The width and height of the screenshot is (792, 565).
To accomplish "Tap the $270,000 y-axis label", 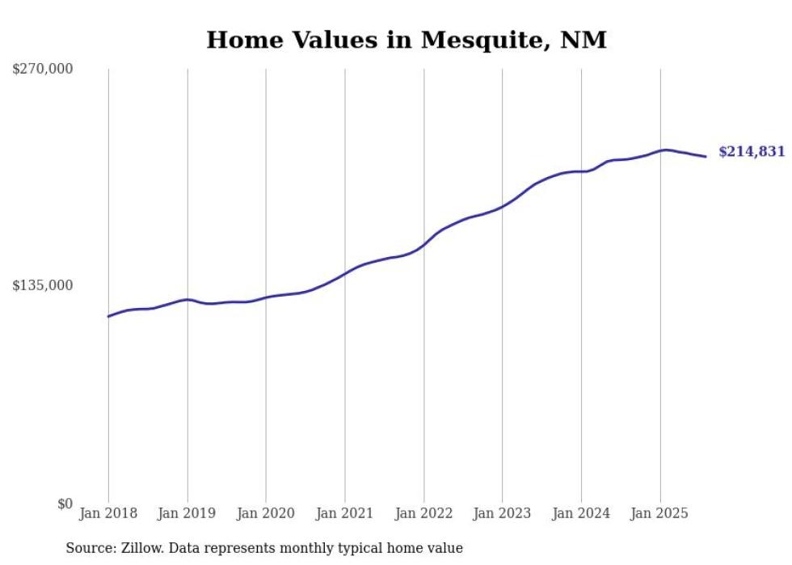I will pos(42,69).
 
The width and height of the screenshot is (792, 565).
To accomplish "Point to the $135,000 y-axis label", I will pos(42,285).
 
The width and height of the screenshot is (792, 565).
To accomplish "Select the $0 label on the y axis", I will pos(65,504).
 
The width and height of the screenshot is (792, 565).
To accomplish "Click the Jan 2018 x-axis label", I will pos(108,513).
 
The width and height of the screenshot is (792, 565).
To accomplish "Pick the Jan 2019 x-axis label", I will pos(187,513).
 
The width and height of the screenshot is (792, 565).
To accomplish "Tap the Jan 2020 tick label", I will pos(266,513).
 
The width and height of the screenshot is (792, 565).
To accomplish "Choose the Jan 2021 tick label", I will pos(345,513).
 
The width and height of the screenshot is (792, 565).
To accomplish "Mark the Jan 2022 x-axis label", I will pos(423,513).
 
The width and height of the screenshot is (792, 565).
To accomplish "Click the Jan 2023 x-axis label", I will pos(503,513).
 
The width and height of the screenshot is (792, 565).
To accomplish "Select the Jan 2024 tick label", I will pos(581,513).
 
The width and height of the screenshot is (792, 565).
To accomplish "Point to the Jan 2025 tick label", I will pos(660,513).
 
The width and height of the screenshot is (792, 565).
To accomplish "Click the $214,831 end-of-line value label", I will pos(751,152).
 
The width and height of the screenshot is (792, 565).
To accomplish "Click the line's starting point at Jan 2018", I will pos(108,316).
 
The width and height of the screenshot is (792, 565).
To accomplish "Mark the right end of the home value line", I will pos(706,156).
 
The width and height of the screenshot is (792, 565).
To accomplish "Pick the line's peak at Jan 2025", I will pos(664,150).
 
